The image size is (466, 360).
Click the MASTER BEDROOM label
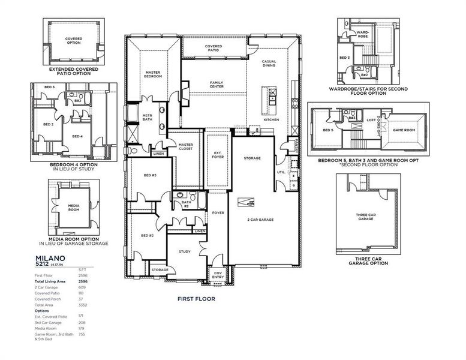pos(152,74)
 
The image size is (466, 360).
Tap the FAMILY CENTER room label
pos(217,85)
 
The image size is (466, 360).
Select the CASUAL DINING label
pos(269,64)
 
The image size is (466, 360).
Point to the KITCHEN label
pos(272,120)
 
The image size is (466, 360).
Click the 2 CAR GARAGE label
pos(261,220)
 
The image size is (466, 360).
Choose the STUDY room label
pos(185,252)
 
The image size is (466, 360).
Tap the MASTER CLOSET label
pos(185,146)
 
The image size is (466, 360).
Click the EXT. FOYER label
pos(218,155)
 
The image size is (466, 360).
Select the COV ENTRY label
pos(218,275)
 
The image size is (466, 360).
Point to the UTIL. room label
pos(281,172)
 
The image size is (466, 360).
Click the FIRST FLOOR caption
pos(196,298)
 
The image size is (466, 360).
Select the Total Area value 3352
pos(82,305)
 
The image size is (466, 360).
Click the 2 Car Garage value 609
pos(82,287)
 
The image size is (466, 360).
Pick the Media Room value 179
pos(82,328)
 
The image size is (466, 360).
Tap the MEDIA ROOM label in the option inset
pos(73,208)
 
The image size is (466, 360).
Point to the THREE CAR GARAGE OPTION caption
pos(366,262)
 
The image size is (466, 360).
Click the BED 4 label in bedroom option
pos(77,136)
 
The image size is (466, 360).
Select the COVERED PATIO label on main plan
pos(214,48)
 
